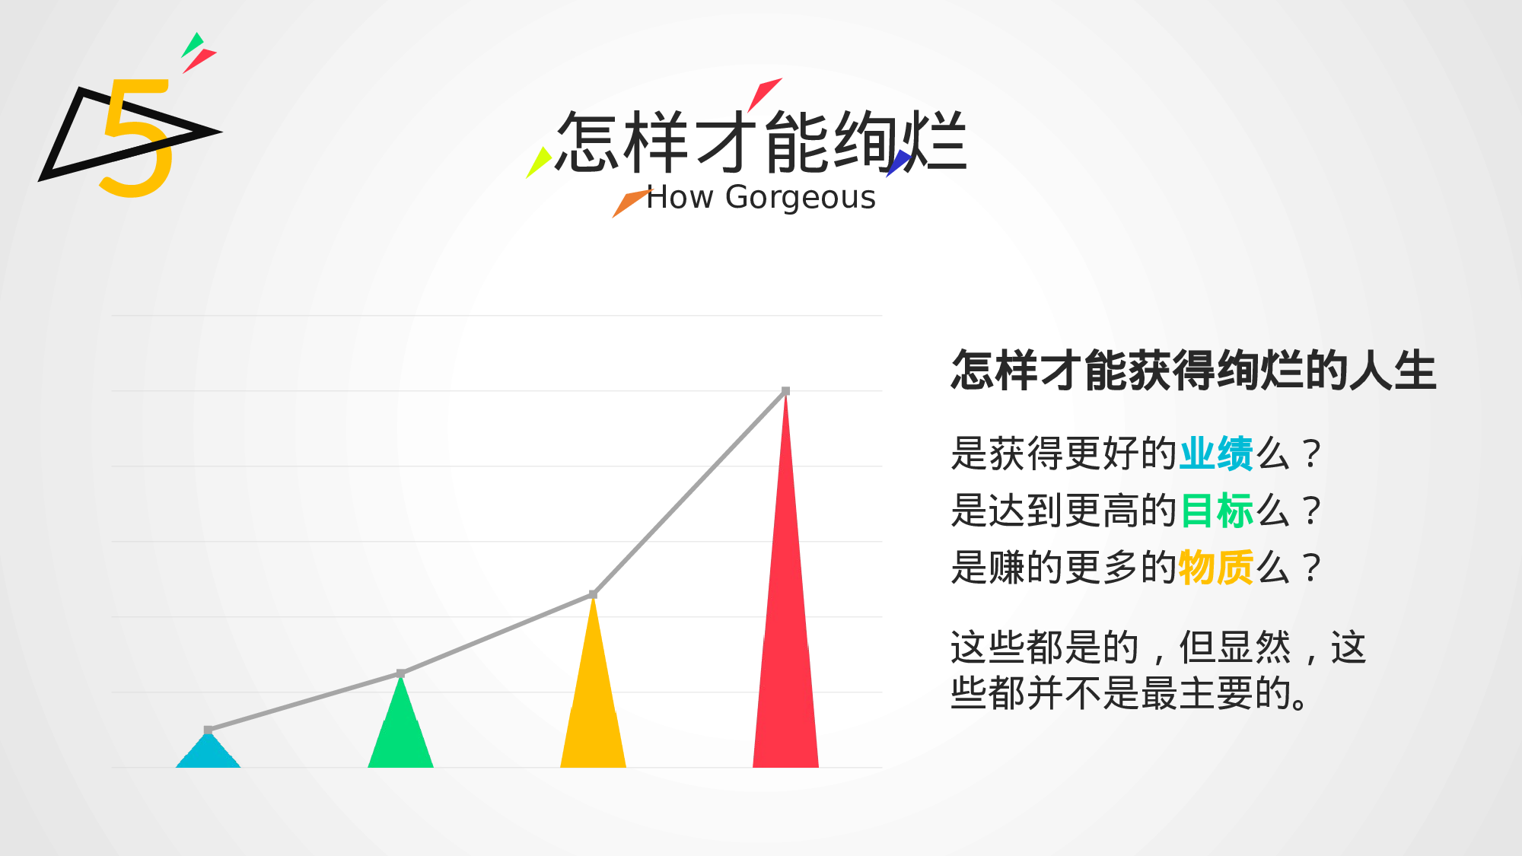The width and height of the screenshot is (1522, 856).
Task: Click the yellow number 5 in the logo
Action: (x=137, y=141)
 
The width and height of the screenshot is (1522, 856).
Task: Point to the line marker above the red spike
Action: (x=785, y=391)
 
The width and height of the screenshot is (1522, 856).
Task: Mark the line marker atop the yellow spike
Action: (x=593, y=594)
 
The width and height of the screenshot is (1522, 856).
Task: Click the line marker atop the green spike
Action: (x=400, y=673)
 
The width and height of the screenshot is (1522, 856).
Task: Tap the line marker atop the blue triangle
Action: (x=208, y=730)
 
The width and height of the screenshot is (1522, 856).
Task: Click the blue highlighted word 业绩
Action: (x=1216, y=453)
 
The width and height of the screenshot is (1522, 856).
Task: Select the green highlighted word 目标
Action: (x=1216, y=511)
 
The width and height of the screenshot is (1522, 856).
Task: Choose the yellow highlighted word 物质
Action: (x=1216, y=568)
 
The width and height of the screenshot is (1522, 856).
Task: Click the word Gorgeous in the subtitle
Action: (x=801, y=198)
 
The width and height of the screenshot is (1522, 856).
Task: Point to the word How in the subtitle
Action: (x=680, y=198)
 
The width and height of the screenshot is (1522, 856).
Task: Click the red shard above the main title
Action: (x=764, y=93)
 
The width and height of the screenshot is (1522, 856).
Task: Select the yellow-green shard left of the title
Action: (x=539, y=162)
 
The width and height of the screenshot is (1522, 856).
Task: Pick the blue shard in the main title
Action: (x=899, y=162)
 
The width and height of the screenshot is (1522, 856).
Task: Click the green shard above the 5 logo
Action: (x=193, y=45)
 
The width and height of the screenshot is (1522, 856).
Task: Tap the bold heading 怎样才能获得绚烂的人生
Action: (x=1193, y=371)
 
